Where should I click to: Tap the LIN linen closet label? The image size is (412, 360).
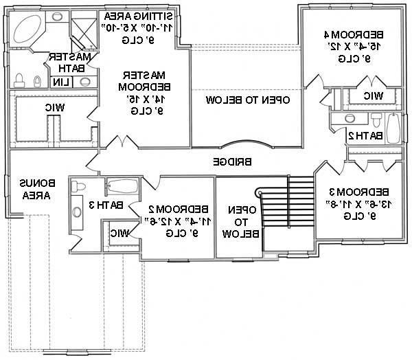click(x=61, y=82)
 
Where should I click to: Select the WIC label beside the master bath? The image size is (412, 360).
click(x=56, y=107)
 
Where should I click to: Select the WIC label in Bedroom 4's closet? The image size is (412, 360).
click(x=373, y=95)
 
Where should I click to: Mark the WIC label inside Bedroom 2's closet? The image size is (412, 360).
click(x=118, y=232)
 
